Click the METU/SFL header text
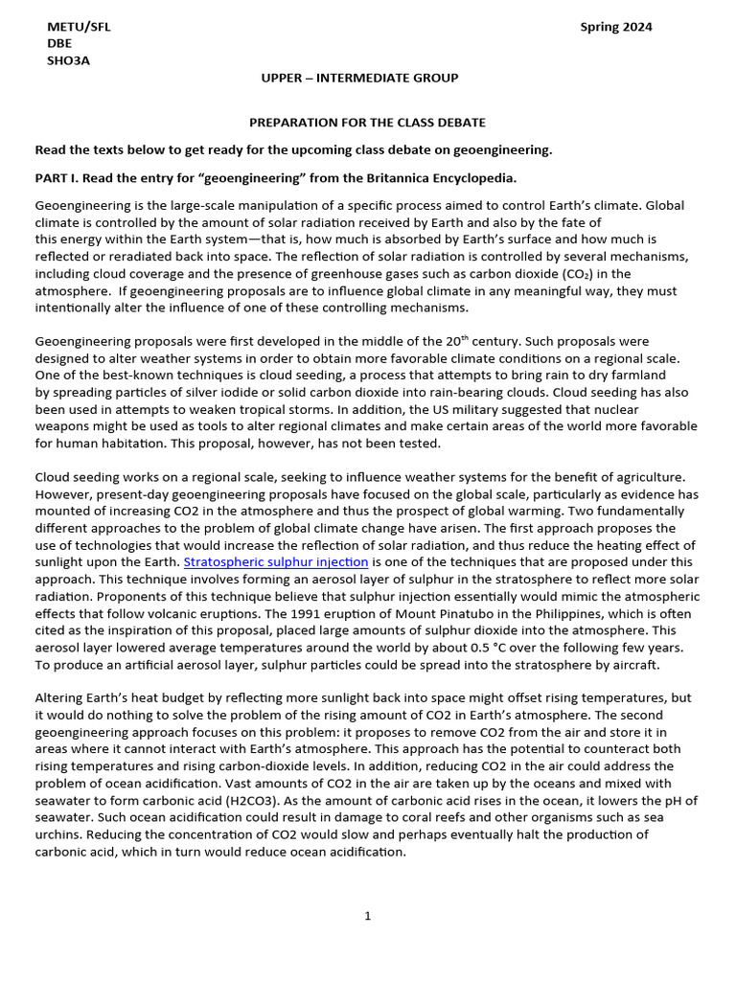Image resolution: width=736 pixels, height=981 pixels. coord(79,27)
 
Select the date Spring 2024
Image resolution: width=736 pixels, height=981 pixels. coord(616,27)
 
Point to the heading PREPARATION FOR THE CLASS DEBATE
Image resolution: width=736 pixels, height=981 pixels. coord(367,123)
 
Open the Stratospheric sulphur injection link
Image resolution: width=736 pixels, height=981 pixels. coord(276,562)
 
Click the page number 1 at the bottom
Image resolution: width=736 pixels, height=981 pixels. coord(367,916)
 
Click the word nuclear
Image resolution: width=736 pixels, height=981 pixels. coord(670,409)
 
